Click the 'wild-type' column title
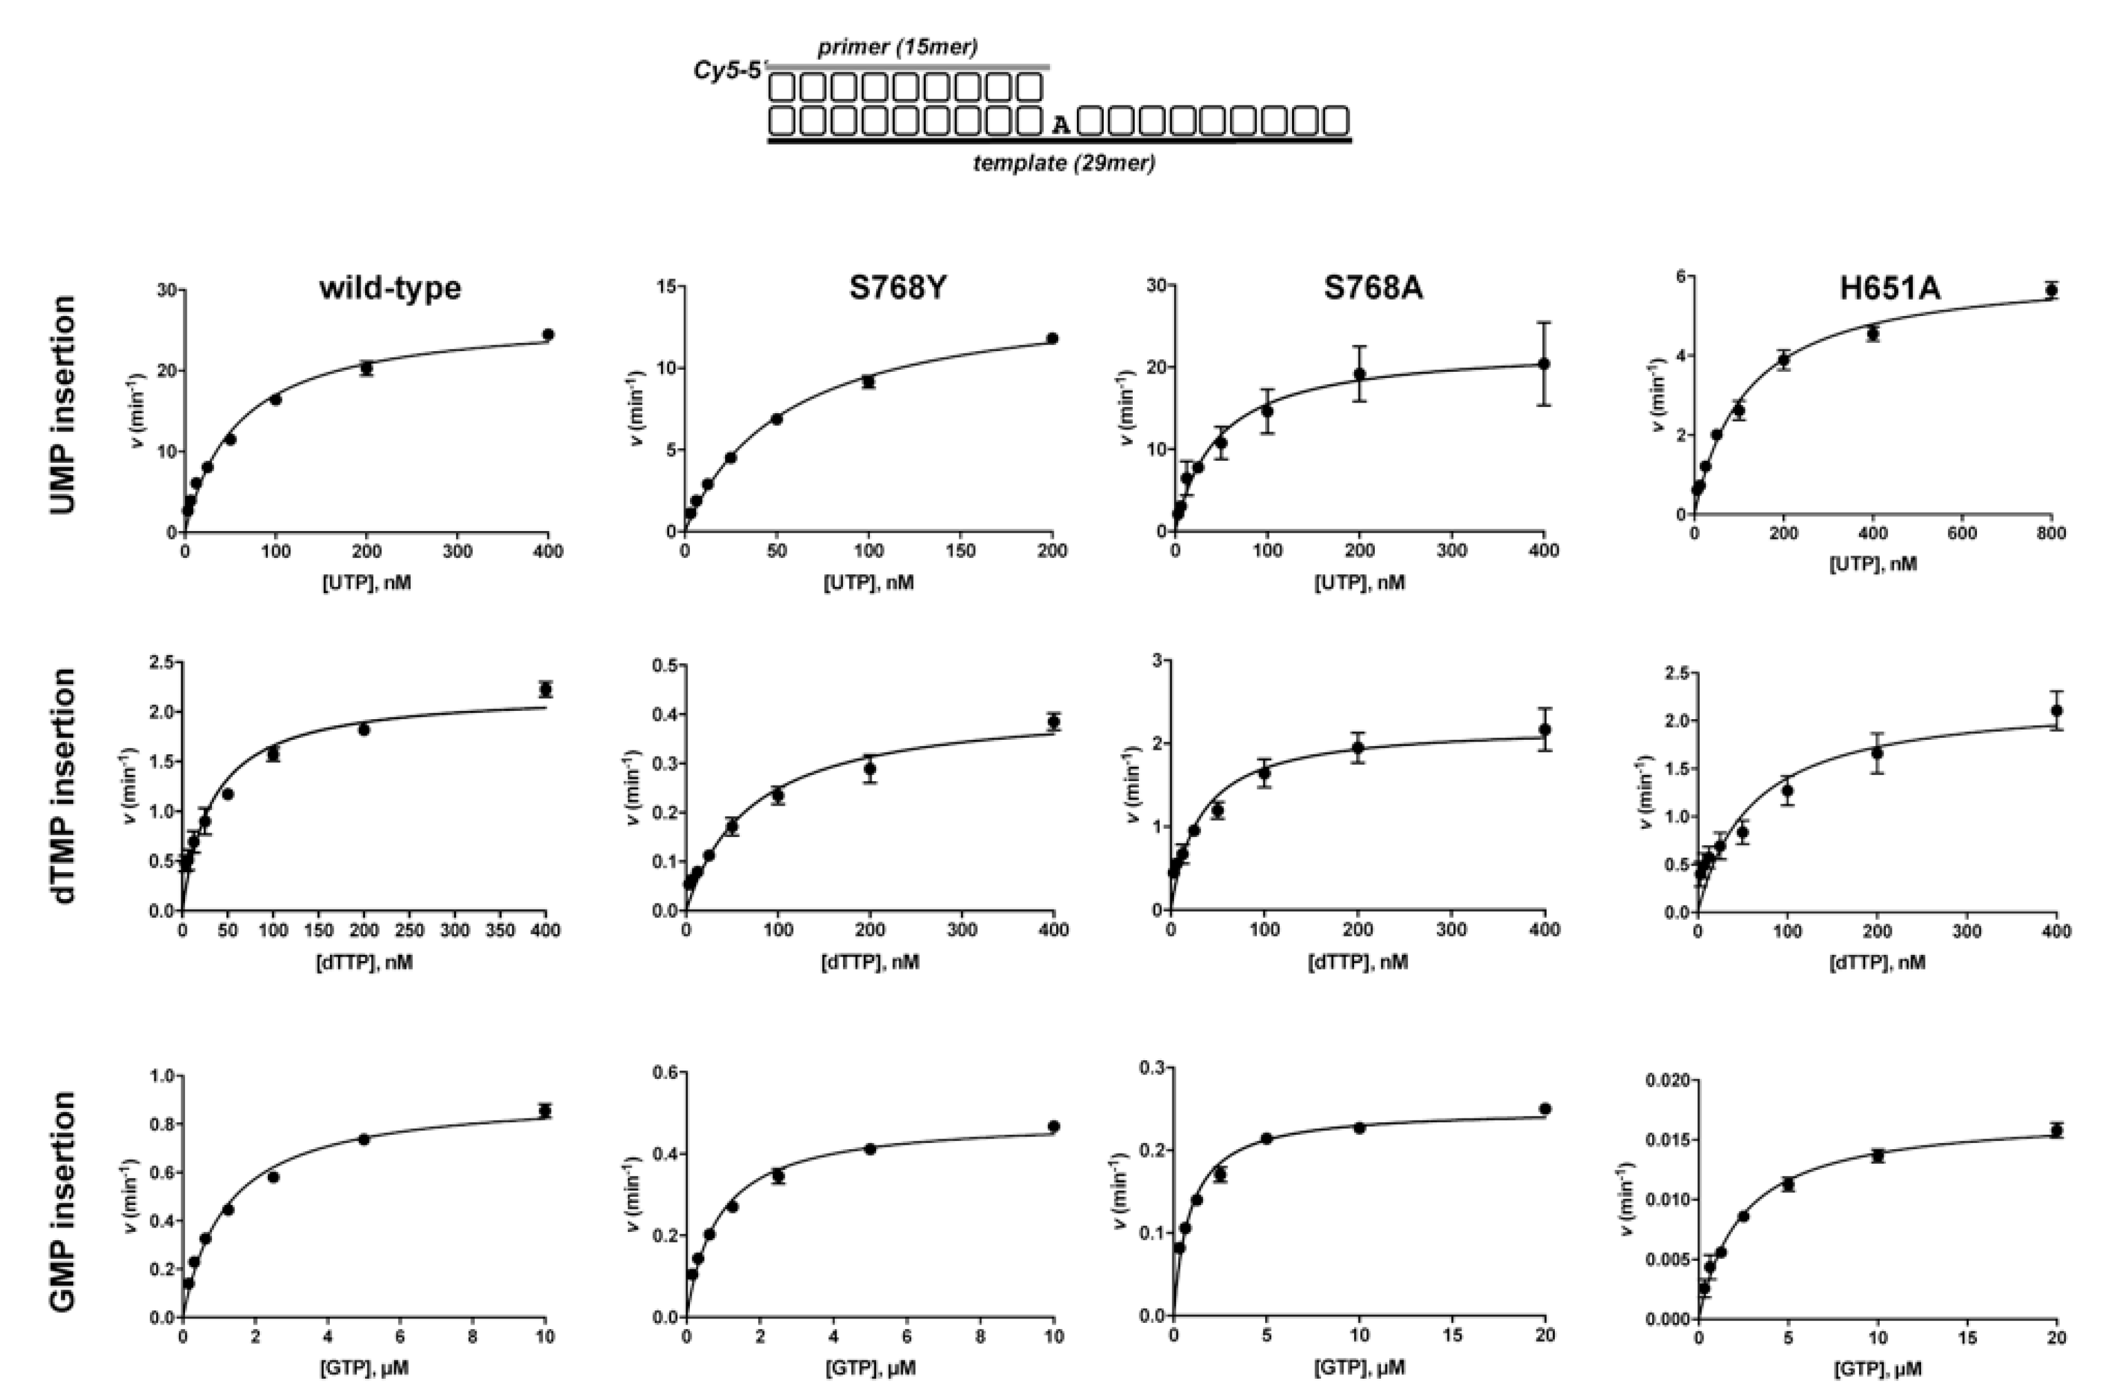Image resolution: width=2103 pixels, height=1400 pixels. coord(389,288)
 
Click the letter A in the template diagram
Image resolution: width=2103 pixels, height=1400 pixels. coord(1059,124)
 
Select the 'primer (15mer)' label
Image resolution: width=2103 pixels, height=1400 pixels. coord(898,47)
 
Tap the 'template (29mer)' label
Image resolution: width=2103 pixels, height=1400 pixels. coord(1064,164)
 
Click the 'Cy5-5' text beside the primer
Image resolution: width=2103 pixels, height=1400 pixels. coord(728,70)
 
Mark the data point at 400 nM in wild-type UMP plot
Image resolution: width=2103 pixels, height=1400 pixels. coord(548,335)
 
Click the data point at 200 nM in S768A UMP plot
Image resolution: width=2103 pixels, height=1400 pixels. coord(1359,374)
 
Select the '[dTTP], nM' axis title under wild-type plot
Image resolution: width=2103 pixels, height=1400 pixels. coord(364,964)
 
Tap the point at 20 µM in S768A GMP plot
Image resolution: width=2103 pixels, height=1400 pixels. coord(1545,1109)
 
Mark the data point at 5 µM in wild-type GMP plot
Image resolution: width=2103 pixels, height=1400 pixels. coord(363,1139)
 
